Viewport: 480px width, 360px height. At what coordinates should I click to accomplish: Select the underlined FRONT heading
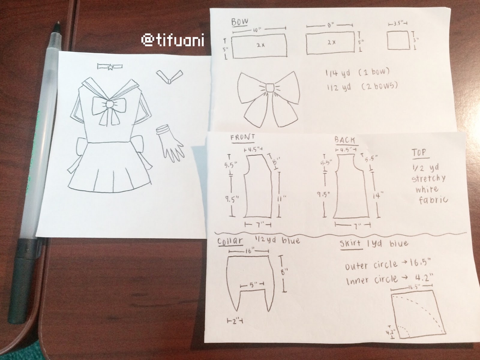[x=242, y=138]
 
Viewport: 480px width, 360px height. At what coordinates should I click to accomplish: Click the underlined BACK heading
[x=345, y=140]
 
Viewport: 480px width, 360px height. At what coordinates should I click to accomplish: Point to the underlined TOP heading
[x=419, y=153]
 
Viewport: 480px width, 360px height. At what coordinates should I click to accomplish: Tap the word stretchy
[x=428, y=179]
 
